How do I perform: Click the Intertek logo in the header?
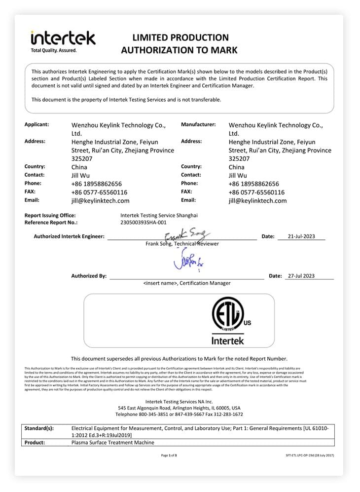point(63,38)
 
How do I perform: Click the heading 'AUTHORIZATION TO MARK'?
point(179,50)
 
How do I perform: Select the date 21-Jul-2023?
point(301,236)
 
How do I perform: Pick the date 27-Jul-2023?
point(301,276)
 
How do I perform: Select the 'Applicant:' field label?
point(36,125)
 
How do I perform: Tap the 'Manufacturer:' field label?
point(198,125)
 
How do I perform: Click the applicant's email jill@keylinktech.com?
point(101,201)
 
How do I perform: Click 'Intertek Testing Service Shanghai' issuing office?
point(159,215)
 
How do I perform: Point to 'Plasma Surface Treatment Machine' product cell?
point(113,443)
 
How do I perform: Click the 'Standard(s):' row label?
point(39,428)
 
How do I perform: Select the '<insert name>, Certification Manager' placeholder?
point(187,283)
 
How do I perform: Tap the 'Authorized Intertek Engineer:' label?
point(69,236)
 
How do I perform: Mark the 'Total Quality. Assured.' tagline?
point(54,50)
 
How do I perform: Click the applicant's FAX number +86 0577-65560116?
point(99,192)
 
